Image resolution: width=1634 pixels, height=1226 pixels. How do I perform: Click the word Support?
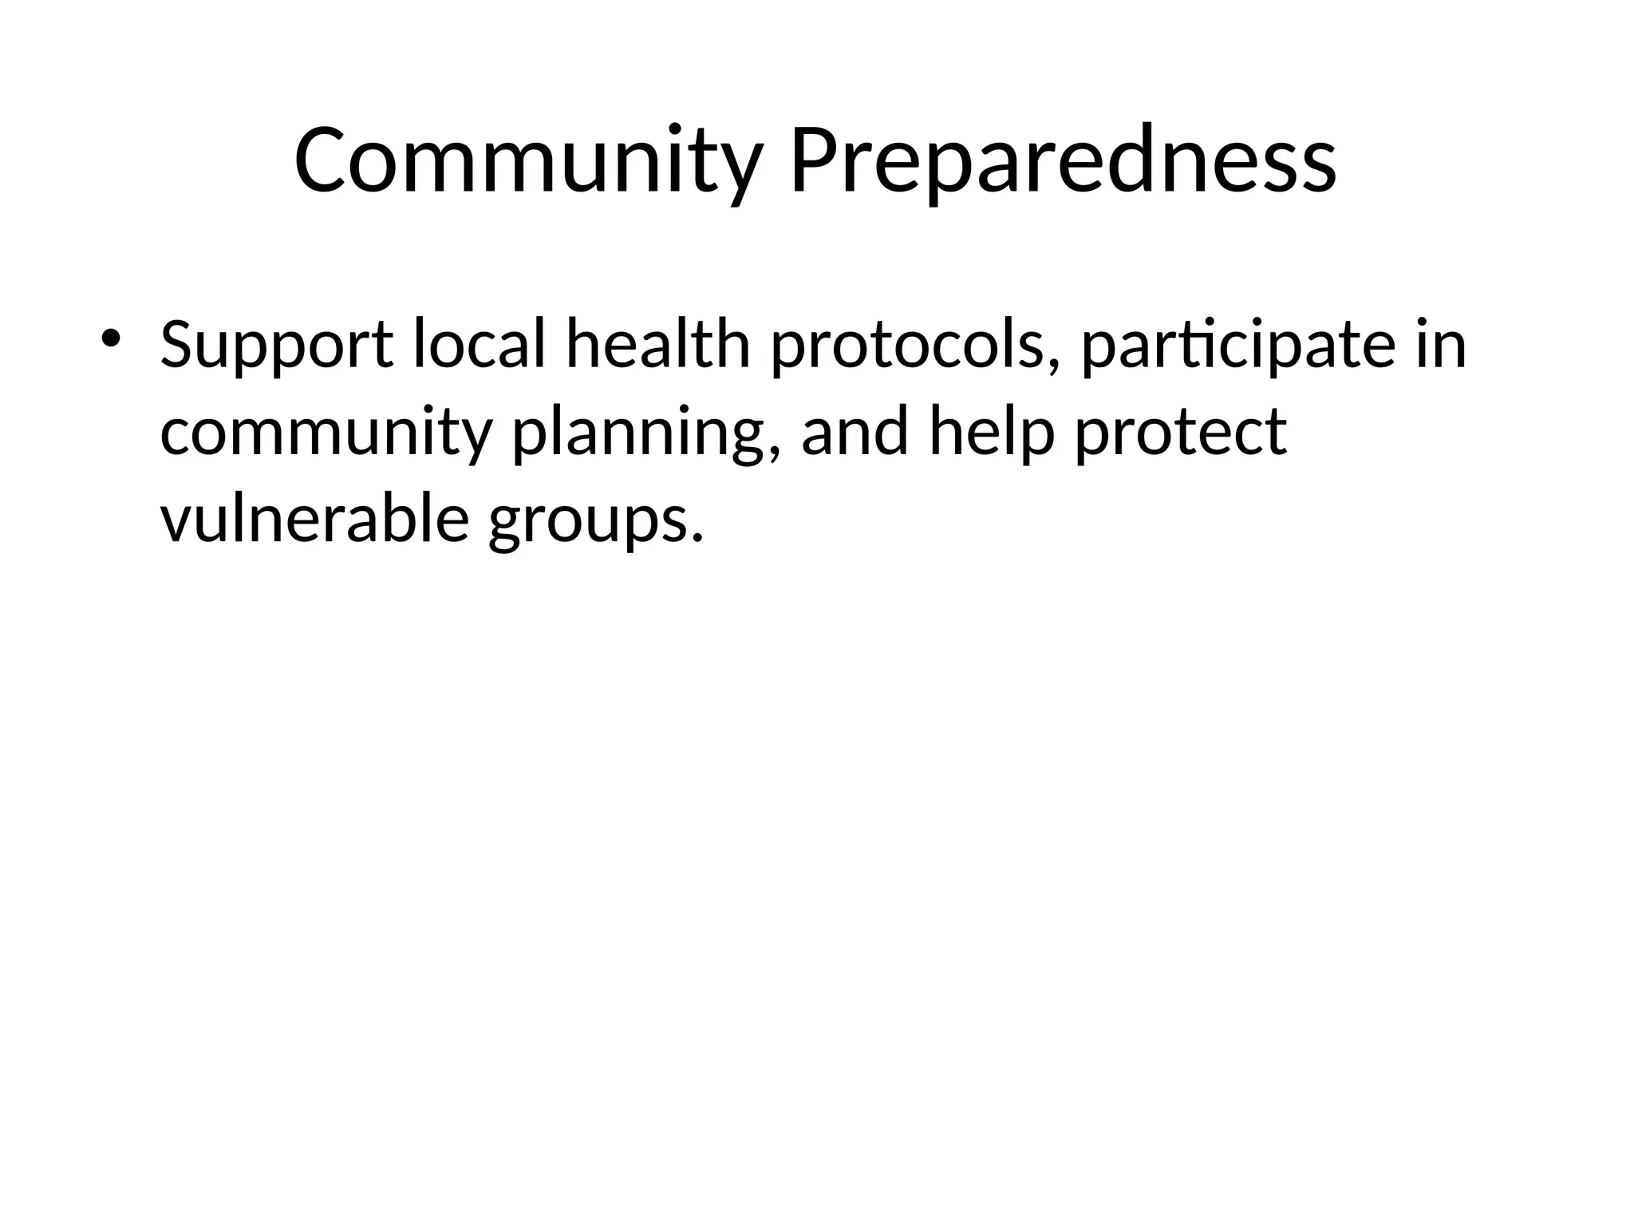tap(276, 346)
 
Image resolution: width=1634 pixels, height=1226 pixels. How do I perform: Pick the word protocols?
tap(906, 346)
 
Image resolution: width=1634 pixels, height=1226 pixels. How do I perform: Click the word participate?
tap(1237, 346)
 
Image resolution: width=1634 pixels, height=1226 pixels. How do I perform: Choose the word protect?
tap(1181, 433)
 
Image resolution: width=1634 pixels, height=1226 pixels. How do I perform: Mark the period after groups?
tap(698, 538)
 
